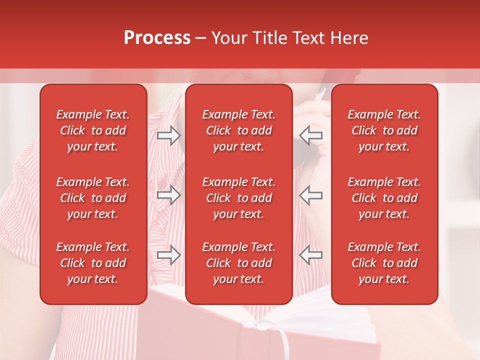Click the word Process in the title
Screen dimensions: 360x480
(x=157, y=38)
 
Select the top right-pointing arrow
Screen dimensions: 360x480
(x=168, y=135)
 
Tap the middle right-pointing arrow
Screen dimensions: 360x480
(x=168, y=195)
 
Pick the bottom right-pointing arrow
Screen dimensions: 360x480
(x=168, y=255)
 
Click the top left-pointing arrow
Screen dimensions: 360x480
(x=311, y=135)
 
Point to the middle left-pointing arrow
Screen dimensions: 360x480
(x=311, y=195)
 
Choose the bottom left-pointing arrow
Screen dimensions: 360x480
(x=311, y=255)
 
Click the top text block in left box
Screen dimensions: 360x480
(x=93, y=130)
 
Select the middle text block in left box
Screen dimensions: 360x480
(x=93, y=198)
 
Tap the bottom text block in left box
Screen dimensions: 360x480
(x=93, y=263)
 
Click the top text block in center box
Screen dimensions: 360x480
(x=238, y=130)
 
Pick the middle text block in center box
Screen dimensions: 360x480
(x=238, y=198)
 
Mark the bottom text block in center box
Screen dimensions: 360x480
(x=238, y=263)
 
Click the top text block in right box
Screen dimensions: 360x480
(x=384, y=130)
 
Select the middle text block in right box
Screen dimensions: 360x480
(x=384, y=198)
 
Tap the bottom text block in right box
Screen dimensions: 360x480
(x=384, y=263)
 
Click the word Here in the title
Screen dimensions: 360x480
(x=349, y=38)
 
